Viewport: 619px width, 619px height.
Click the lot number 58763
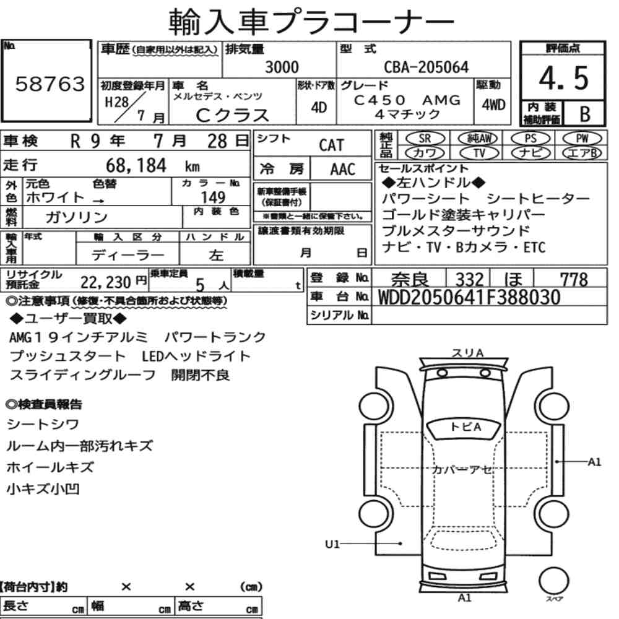50,84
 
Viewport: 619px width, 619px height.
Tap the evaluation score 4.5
563,78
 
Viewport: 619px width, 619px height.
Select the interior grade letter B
585,114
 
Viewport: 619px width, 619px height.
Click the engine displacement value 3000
282,67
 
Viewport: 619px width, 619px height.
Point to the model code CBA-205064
426,67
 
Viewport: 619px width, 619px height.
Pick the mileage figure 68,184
136,165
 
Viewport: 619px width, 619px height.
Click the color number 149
213,197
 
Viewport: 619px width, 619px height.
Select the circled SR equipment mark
425,139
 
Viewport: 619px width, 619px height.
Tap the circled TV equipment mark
479,153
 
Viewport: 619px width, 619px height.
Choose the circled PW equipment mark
582,139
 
